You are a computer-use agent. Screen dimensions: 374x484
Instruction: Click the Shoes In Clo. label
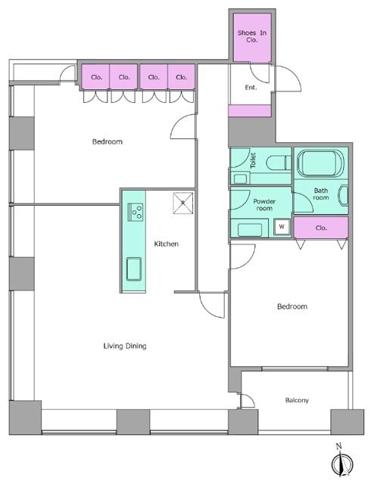click(x=252, y=36)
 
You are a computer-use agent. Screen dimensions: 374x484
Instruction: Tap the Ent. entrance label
click(x=251, y=88)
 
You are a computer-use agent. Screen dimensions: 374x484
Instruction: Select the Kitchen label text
click(x=167, y=244)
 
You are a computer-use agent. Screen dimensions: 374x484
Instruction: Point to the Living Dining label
click(x=125, y=346)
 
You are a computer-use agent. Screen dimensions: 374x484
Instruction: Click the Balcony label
click(x=297, y=400)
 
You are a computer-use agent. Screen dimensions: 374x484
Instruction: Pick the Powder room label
click(x=264, y=205)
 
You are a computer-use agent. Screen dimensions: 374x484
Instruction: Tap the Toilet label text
click(x=253, y=160)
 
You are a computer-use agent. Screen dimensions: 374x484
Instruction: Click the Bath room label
click(x=321, y=194)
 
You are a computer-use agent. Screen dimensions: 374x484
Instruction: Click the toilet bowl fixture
click(x=279, y=163)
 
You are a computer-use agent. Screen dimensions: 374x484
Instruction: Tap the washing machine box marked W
click(x=282, y=227)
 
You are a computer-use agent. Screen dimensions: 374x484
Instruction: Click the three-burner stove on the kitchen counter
click(x=136, y=212)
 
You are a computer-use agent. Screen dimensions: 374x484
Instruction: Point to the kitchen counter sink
click(x=134, y=269)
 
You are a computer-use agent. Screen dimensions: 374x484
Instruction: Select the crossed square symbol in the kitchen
click(x=183, y=203)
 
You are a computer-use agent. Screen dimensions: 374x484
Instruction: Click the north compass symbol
click(x=342, y=461)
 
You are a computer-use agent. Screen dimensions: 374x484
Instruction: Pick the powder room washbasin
click(x=250, y=230)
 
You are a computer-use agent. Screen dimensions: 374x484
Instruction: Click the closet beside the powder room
click(x=321, y=228)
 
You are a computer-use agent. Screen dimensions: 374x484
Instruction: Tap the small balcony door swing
click(x=248, y=401)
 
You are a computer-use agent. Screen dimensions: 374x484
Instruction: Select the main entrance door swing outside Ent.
click(x=288, y=79)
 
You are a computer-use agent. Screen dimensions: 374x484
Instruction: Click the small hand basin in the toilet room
click(x=240, y=178)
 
